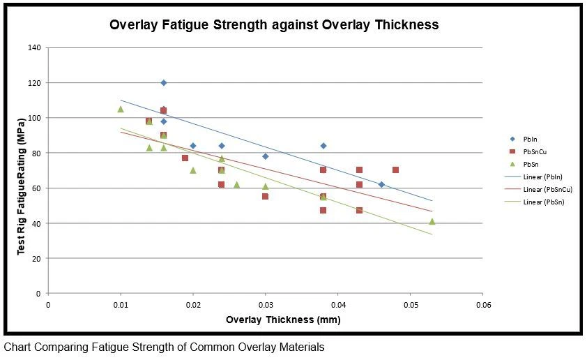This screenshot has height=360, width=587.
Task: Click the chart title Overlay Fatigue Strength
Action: [274, 24]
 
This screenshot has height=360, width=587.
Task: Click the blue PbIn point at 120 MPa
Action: [164, 83]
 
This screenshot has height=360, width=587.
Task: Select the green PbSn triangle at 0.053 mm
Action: [432, 221]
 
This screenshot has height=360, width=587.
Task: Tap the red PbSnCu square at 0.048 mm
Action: [395, 170]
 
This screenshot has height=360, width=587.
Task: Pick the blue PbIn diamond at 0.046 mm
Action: [381, 184]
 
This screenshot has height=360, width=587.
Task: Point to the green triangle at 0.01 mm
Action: [121, 109]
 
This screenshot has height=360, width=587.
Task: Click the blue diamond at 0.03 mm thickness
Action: [266, 156]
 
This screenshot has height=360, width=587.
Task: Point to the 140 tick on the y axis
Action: [34, 47]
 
